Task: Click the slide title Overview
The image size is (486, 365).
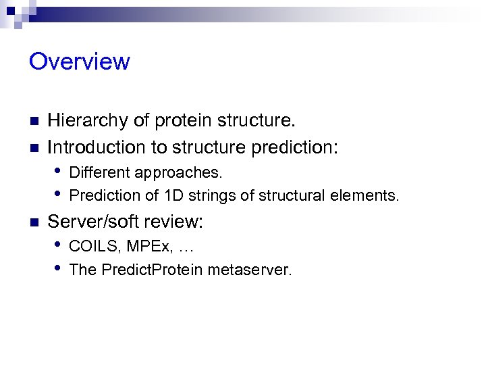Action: pos(80,62)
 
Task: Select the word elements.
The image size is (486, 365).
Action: pos(371,196)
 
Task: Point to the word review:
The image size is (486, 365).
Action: pos(178,222)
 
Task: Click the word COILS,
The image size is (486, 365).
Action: pos(92,246)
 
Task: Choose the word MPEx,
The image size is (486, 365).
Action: pos(143,246)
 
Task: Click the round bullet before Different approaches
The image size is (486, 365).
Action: pos(59,171)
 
